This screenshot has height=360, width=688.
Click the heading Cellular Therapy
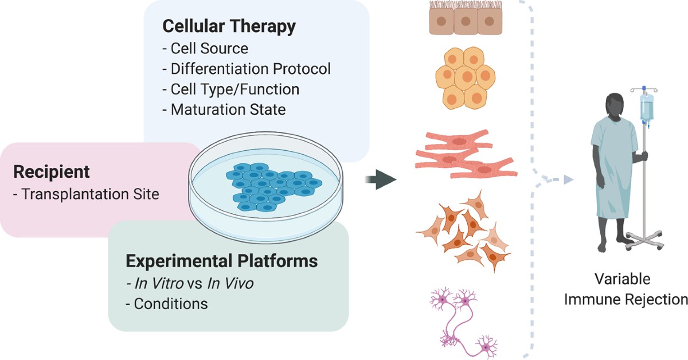point(229,26)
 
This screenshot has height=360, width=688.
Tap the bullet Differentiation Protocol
point(251,69)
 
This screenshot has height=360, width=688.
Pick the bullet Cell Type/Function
point(234,89)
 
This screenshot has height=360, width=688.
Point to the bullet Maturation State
point(228,109)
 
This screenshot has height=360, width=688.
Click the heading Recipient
point(52,171)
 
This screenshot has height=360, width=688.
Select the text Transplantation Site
point(85,194)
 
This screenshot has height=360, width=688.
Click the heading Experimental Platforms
point(221,261)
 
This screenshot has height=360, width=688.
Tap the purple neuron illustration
point(465,321)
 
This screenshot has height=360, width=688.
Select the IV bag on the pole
point(646,109)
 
